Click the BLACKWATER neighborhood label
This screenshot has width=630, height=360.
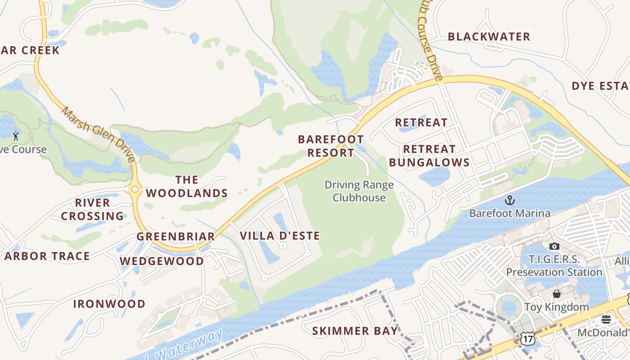[x=489, y=37]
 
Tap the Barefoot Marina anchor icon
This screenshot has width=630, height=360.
[x=509, y=200]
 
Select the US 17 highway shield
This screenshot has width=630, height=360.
[x=527, y=338]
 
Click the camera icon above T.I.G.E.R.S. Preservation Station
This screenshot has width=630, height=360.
[x=554, y=246]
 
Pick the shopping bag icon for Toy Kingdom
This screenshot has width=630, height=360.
[x=557, y=294]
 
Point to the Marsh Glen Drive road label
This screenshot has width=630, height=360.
[x=99, y=134]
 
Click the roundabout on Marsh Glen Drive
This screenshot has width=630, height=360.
[x=135, y=189]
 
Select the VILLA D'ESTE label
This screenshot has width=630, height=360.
[x=280, y=236]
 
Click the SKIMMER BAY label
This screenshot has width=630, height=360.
[x=355, y=331]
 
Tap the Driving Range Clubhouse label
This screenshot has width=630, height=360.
[x=359, y=191]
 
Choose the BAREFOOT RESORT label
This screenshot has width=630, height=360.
[x=331, y=146]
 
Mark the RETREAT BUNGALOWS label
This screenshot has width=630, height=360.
[x=429, y=156]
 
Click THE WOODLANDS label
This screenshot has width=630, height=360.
[x=187, y=187]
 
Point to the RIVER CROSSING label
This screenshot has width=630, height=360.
[x=92, y=209]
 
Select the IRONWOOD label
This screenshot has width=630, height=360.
[x=109, y=304]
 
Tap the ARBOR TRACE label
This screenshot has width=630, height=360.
[x=47, y=256]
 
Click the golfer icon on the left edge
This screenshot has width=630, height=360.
[x=16, y=135]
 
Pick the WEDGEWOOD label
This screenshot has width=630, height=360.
[x=162, y=261]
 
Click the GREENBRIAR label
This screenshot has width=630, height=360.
[x=175, y=237]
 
